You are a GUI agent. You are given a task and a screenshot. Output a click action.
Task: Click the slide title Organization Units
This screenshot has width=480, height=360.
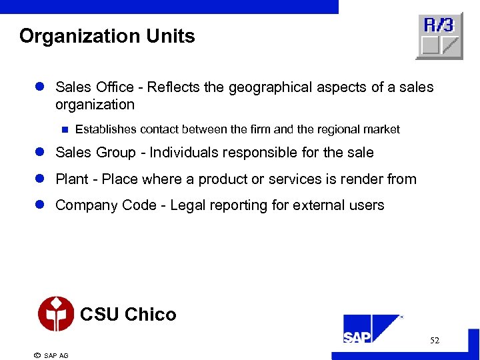point(107,36)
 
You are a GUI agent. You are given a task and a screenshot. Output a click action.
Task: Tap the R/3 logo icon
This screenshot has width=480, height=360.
point(439,35)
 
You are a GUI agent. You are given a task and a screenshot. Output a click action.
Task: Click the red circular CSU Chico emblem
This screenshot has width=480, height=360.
point(56,314)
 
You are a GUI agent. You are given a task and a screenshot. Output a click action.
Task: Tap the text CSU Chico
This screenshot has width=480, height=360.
point(128,315)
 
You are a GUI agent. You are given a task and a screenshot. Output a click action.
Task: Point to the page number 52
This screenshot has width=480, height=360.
point(435,341)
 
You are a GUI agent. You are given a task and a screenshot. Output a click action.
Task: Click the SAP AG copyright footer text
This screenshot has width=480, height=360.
point(51,355)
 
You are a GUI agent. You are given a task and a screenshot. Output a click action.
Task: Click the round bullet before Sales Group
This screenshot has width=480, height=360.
point(40,153)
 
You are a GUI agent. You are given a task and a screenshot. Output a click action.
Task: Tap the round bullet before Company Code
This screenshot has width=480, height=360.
point(40,205)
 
